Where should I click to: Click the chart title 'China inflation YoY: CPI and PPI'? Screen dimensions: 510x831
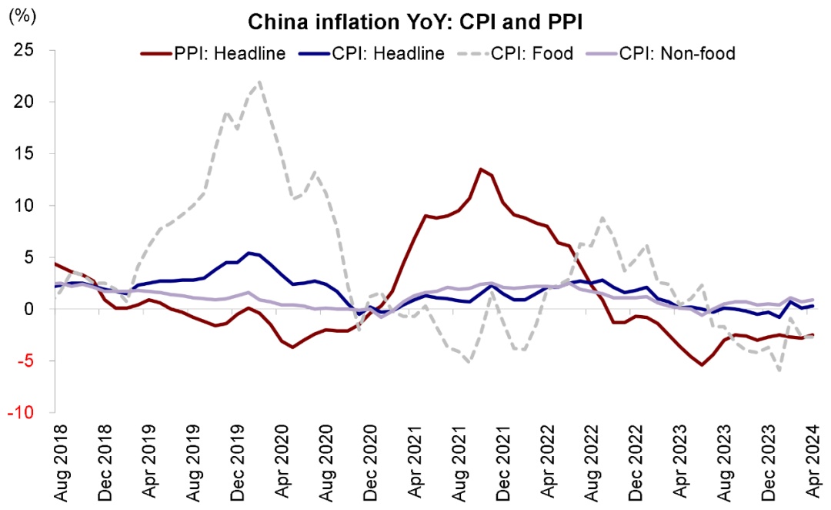pyautogui.click(x=415, y=23)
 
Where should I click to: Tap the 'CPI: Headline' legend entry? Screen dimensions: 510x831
pyautogui.click(x=389, y=53)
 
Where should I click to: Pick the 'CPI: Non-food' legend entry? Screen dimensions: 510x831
pyautogui.click(x=677, y=53)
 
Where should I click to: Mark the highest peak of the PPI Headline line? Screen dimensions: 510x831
pyautogui.click(x=480, y=169)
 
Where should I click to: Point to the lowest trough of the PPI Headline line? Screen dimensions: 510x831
pyautogui.click(x=702, y=364)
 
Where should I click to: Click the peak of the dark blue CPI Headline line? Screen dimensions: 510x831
pyautogui.click(x=249, y=252)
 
